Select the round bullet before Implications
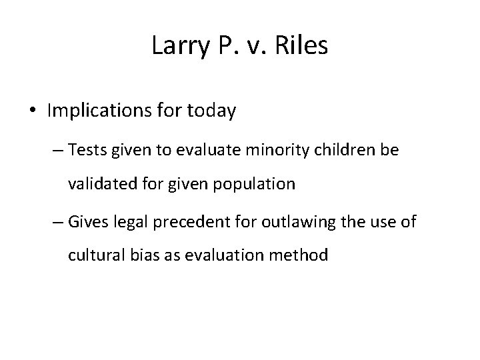tap(33, 111)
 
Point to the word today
tap(211, 111)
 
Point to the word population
tap(259, 184)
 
